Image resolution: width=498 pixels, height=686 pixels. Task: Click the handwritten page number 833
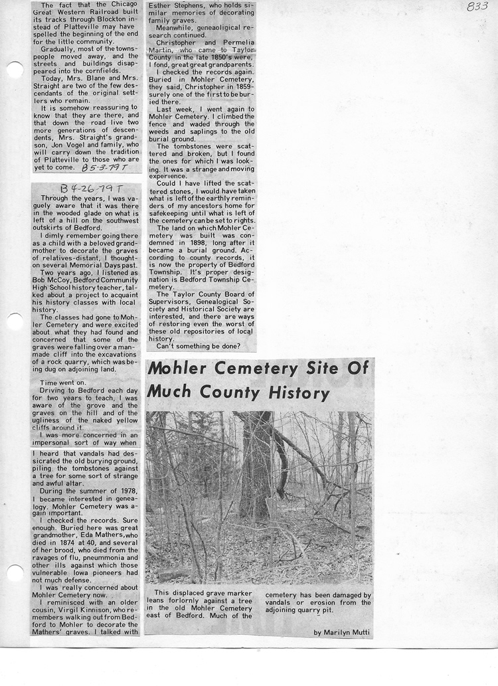pyautogui.click(x=477, y=7)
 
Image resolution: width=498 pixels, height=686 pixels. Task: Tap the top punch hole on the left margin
pyautogui.click(x=13, y=70)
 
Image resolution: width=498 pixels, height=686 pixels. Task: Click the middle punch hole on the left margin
pyautogui.click(x=13, y=321)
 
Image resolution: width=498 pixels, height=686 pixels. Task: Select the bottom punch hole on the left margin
pyautogui.click(x=13, y=572)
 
